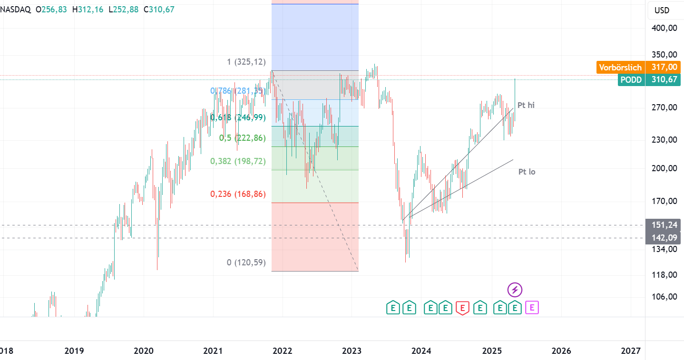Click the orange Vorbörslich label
[x=620, y=68]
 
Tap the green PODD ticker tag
[x=631, y=80]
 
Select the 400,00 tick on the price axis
[x=664, y=28]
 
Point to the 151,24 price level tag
[x=664, y=225]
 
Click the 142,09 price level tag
[x=664, y=238]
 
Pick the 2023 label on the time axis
[x=352, y=351]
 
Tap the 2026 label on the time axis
[x=561, y=351]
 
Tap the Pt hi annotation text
[x=526, y=105]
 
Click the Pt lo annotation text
[x=527, y=172]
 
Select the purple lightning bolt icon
[x=515, y=289]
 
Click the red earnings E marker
[x=462, y=308]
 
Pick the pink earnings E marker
[x=532, y=308]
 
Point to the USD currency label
[x=662, y=10]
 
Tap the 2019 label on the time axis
[x=74, y=351]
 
